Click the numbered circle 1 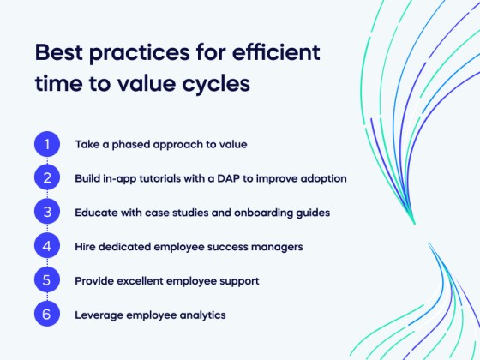47,144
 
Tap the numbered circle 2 47,178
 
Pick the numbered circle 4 47,247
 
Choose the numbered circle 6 47,315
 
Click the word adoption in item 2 321,178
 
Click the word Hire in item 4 86,247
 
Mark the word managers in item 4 278,247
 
